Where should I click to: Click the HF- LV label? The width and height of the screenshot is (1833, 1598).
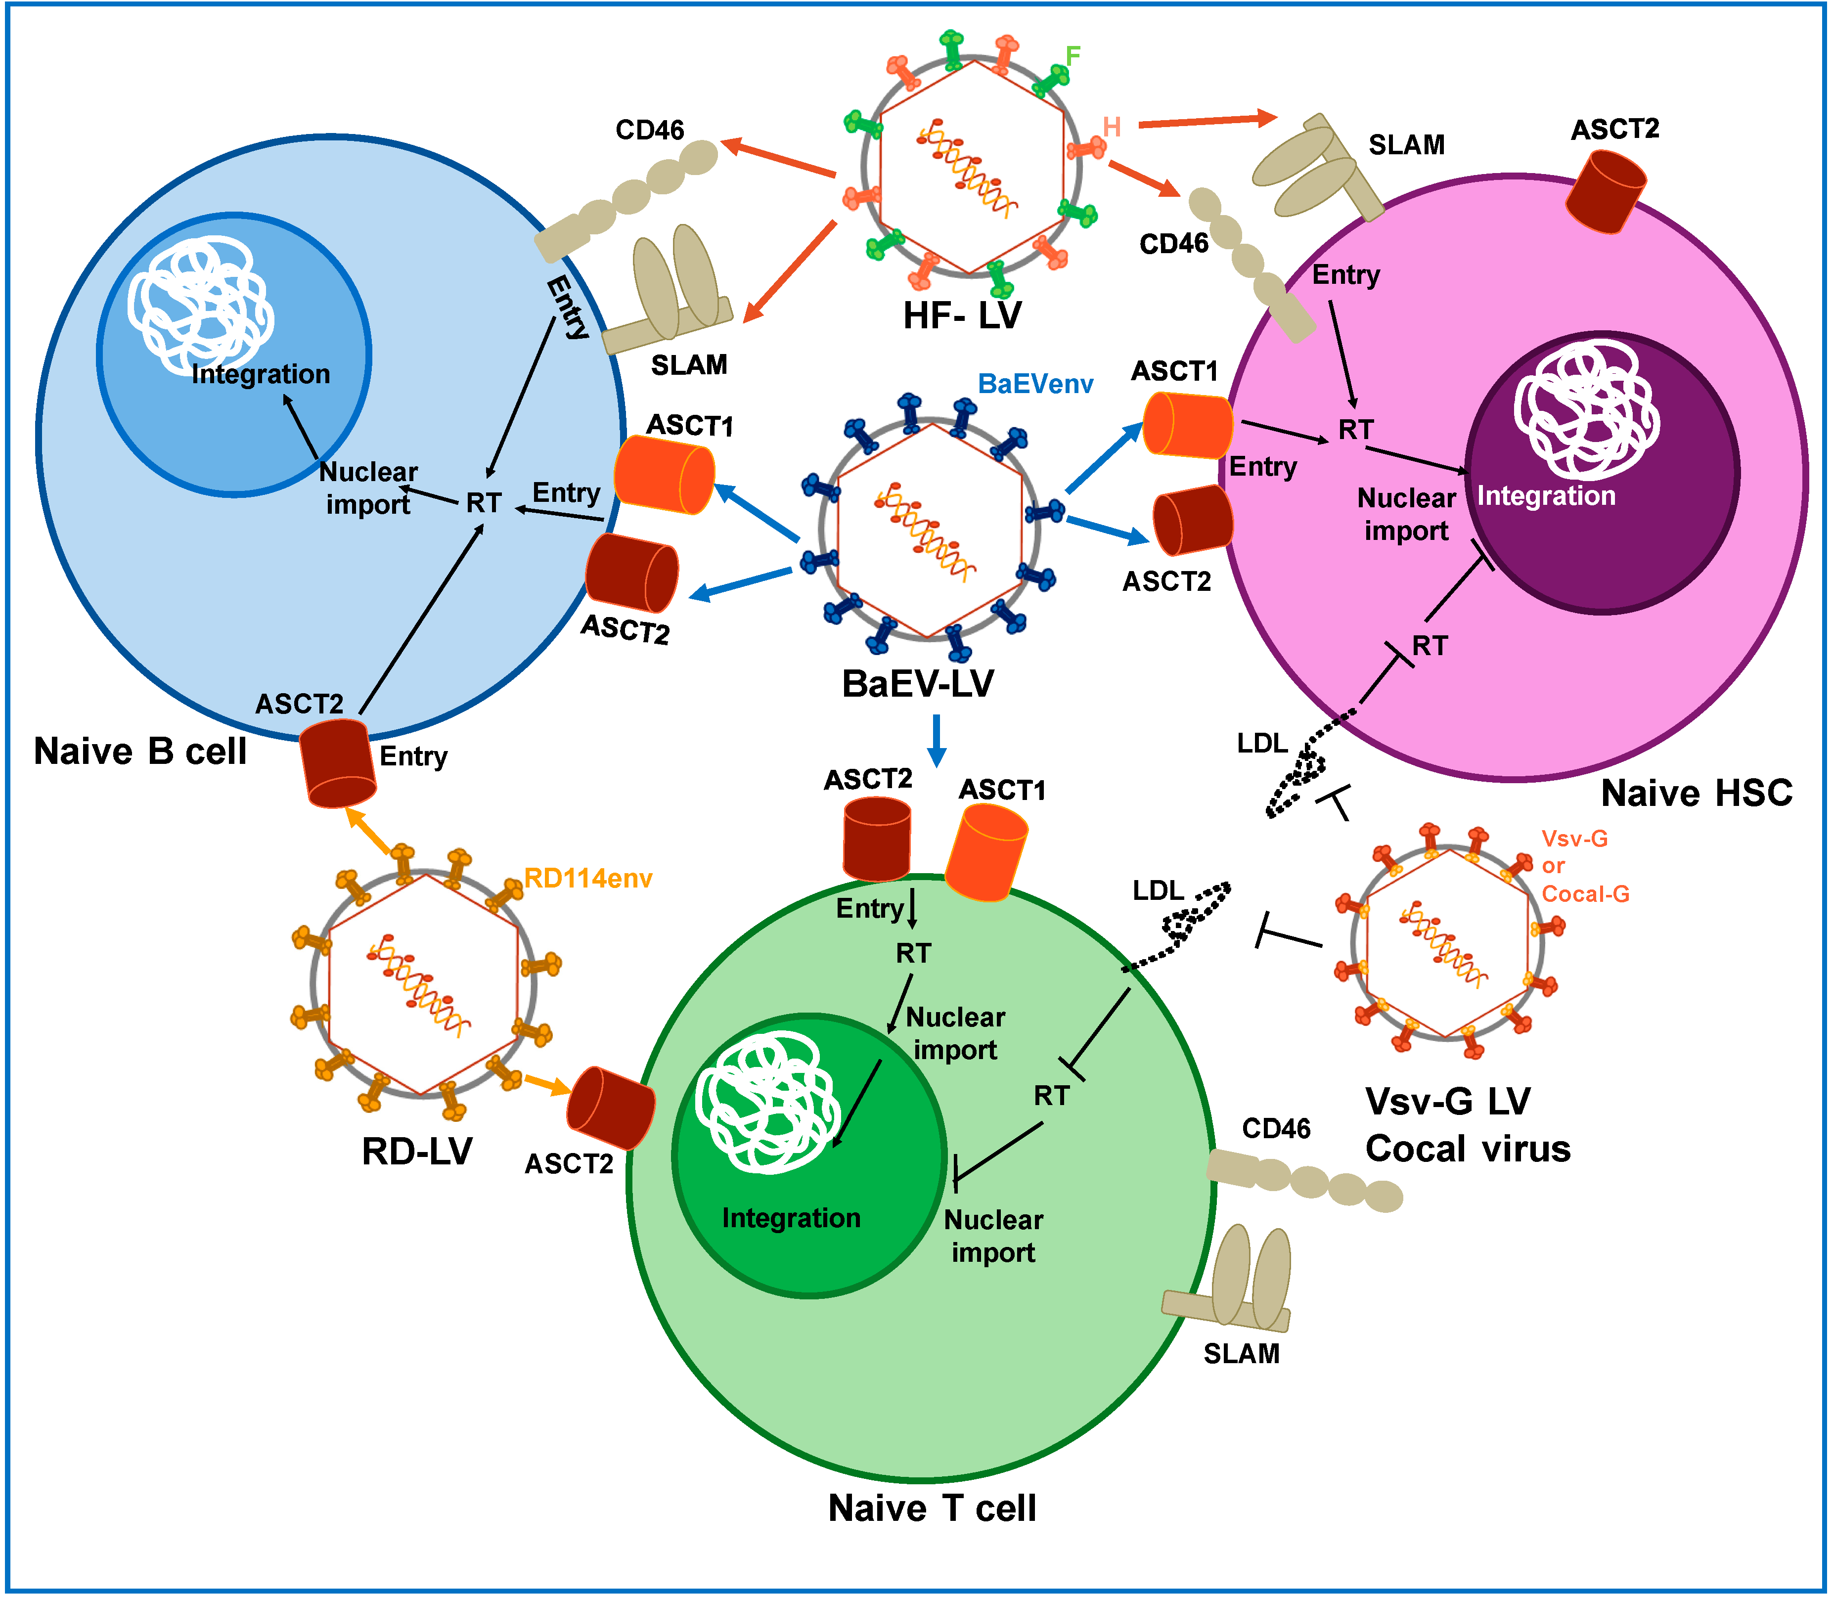click(x=962, y=315)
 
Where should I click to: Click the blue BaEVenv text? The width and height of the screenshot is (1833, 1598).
click(x=1035, y=384)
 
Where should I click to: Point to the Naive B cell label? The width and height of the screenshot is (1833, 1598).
click(x=140, y=751)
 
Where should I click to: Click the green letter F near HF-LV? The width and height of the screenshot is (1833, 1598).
click(x=1073, y=55)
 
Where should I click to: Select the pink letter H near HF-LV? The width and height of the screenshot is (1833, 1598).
click(x=1112, y=128)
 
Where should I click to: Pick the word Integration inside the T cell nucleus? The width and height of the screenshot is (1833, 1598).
click(x=791, y=1218)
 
